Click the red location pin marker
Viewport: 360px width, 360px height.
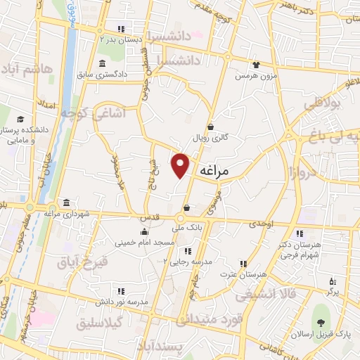181,165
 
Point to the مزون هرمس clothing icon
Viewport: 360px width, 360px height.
256,64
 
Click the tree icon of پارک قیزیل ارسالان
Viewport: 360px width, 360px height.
321,323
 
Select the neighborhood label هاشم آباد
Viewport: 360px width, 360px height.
28,69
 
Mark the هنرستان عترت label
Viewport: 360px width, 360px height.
243,274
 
